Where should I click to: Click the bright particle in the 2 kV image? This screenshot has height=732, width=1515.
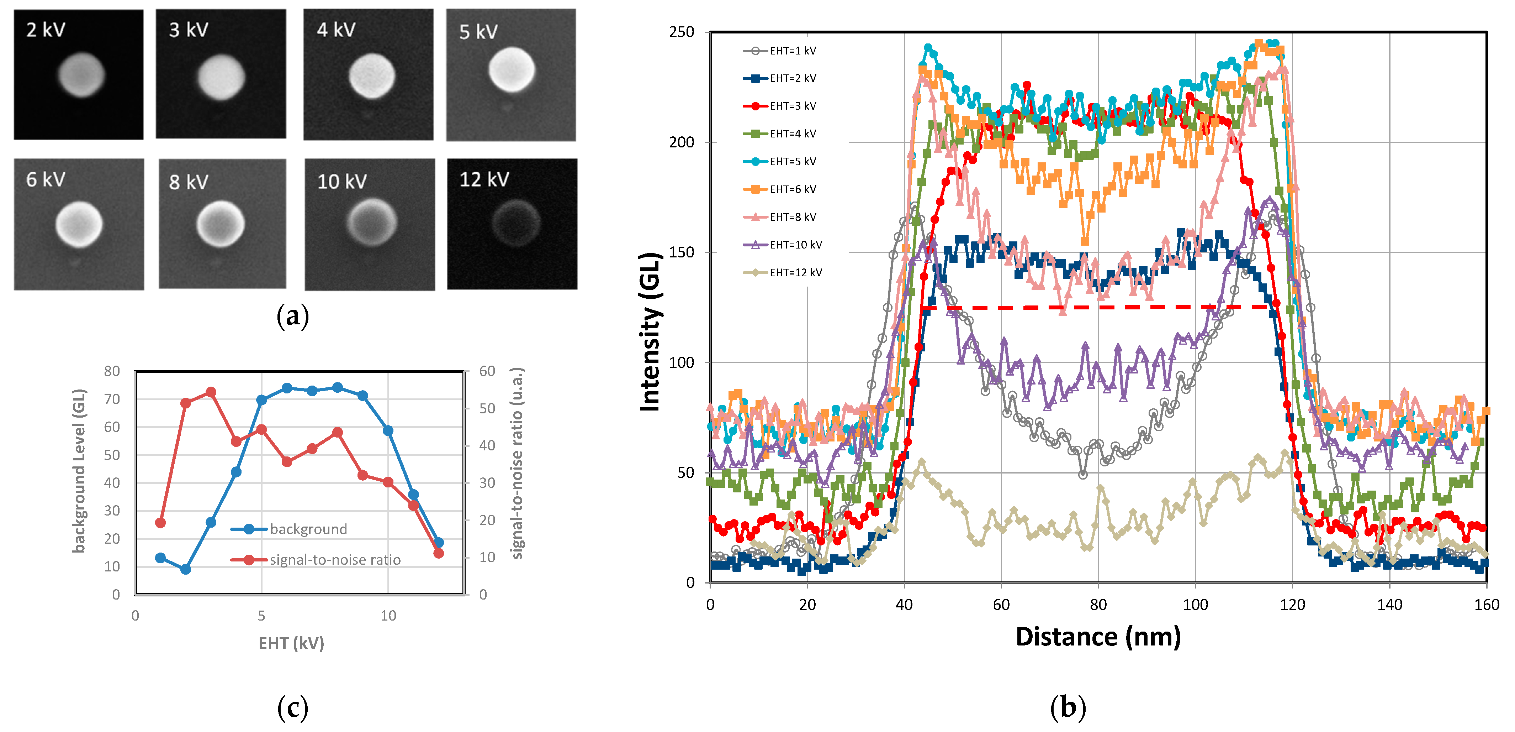pos(81,75)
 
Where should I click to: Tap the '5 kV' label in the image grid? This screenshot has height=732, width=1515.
pos(478,32)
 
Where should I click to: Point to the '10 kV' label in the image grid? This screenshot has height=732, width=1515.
pos(342,181)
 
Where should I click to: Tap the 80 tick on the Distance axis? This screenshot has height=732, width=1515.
pos(1098,604)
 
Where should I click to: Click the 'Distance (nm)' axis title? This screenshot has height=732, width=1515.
pos(1098,637)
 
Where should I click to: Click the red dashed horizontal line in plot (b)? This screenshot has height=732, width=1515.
pos(1094,307)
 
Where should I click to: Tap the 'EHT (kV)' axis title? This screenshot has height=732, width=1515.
pos(291,643)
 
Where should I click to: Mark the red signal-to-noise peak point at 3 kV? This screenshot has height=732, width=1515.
pos(211,392)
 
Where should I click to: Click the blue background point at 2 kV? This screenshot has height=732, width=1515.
pos(185,569)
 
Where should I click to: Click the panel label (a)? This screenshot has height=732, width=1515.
pos(292,316)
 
